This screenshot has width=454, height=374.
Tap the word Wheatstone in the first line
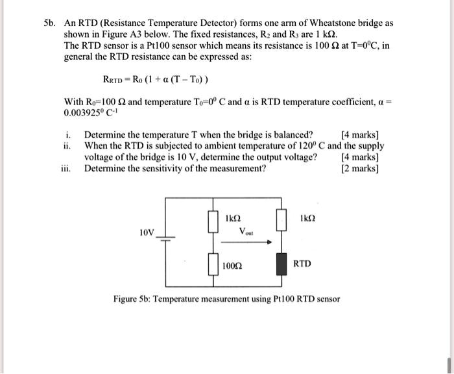tap(324, 23)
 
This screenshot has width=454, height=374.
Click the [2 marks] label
tap(359, 168)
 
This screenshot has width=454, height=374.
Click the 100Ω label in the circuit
tap(232, 266)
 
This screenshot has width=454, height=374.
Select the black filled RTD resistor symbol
tap(281, 265)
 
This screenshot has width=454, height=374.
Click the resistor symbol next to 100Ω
tap(211, 266)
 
